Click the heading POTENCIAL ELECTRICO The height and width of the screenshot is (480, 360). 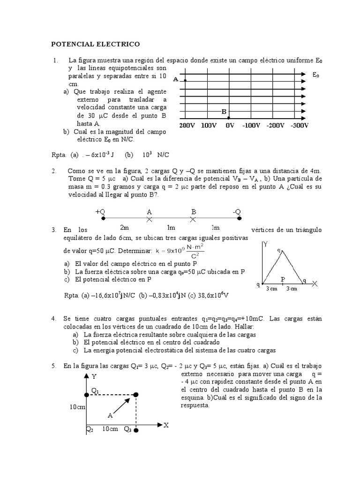click(x=95, y=44)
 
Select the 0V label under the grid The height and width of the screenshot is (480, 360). click(x=230, y=126)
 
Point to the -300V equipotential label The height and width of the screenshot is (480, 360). click(x=299, y=126)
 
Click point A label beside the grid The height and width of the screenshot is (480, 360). click(x=175, y=80)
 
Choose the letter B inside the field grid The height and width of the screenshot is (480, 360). click(x=224, y=112)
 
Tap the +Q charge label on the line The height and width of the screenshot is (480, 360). click(x=100, y=212)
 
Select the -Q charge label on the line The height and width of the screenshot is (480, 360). click(x=237, y=212)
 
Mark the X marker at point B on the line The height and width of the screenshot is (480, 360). click(x=192, y=219)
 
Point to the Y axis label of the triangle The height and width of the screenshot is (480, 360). click(x=266, y=244)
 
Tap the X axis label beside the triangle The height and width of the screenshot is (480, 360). click(x=315, y=284)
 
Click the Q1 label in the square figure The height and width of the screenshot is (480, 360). click(x=95, y=390)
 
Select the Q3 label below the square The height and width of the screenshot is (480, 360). click(x=127, y=429)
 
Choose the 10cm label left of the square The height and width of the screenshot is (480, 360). click(x=77, y=407)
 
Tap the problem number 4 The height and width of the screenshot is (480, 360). click(x=54, y=319)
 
